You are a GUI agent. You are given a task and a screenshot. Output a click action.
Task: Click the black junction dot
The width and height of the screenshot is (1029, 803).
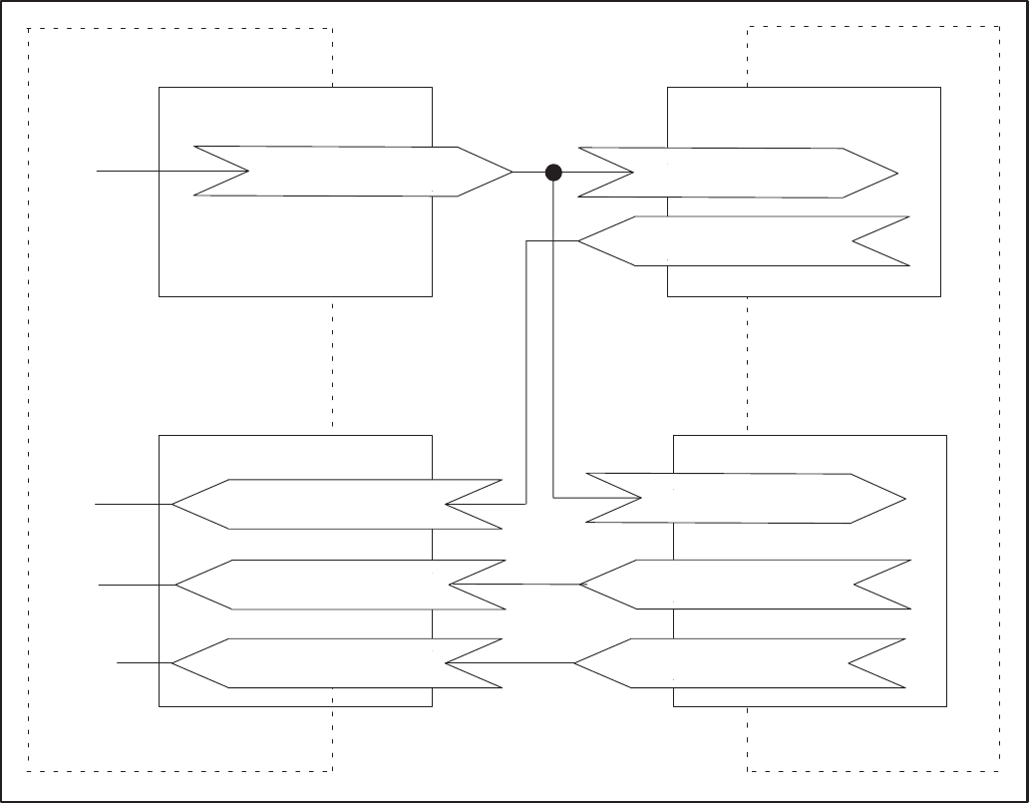point(554,173)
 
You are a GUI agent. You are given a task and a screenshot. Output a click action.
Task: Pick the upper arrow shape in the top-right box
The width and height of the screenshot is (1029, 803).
point(738,173)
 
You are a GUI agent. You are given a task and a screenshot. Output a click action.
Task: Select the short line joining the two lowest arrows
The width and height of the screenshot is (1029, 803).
point(538,663)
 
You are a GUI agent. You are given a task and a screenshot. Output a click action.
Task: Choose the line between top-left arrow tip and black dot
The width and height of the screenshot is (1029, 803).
point(529,173)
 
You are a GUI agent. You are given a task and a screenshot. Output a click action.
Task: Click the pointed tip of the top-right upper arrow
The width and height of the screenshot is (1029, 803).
point(892,173)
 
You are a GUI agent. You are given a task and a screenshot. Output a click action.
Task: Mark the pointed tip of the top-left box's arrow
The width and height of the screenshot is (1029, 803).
point(508,172)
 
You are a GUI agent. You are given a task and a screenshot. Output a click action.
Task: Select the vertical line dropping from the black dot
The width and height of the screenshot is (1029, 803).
point(552,339)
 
